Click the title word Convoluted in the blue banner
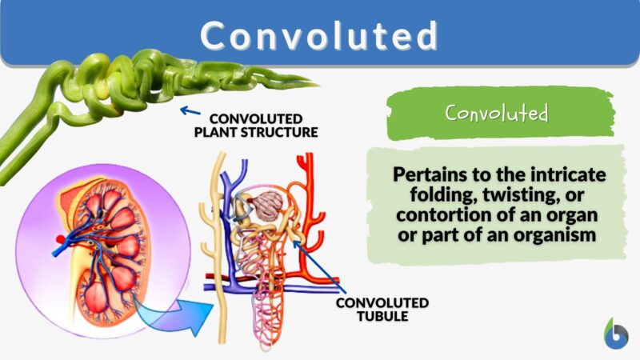click(x=319, y=35)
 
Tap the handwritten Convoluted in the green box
click(x=497, y=113)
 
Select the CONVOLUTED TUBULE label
click(x=382, y=310)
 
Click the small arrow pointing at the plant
click(x=190, y=111)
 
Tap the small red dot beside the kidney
click(x=59, y=239)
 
